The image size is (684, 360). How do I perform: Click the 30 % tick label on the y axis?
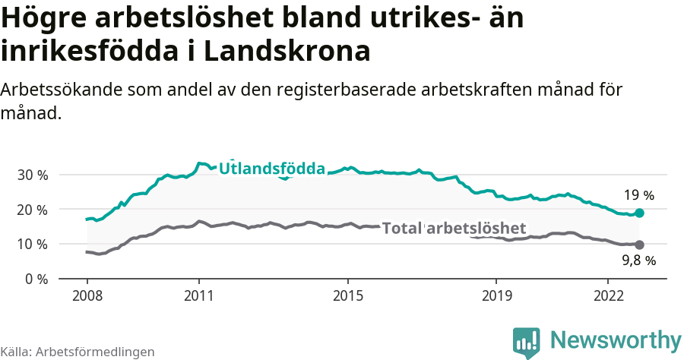pos(32,175)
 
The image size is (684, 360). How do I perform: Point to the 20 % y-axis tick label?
pos(32,210)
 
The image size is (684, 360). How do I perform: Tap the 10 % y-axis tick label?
pos(32,245)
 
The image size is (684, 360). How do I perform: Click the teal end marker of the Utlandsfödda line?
pos(640,213)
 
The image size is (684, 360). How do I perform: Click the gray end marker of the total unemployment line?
pos(640,245)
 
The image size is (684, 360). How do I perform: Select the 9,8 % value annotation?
pos(638,261)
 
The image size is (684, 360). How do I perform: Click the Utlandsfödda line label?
pos(272,169)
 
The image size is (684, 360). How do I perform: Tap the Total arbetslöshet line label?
pos(454,228)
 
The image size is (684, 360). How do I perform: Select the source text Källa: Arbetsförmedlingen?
pos(78,352)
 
